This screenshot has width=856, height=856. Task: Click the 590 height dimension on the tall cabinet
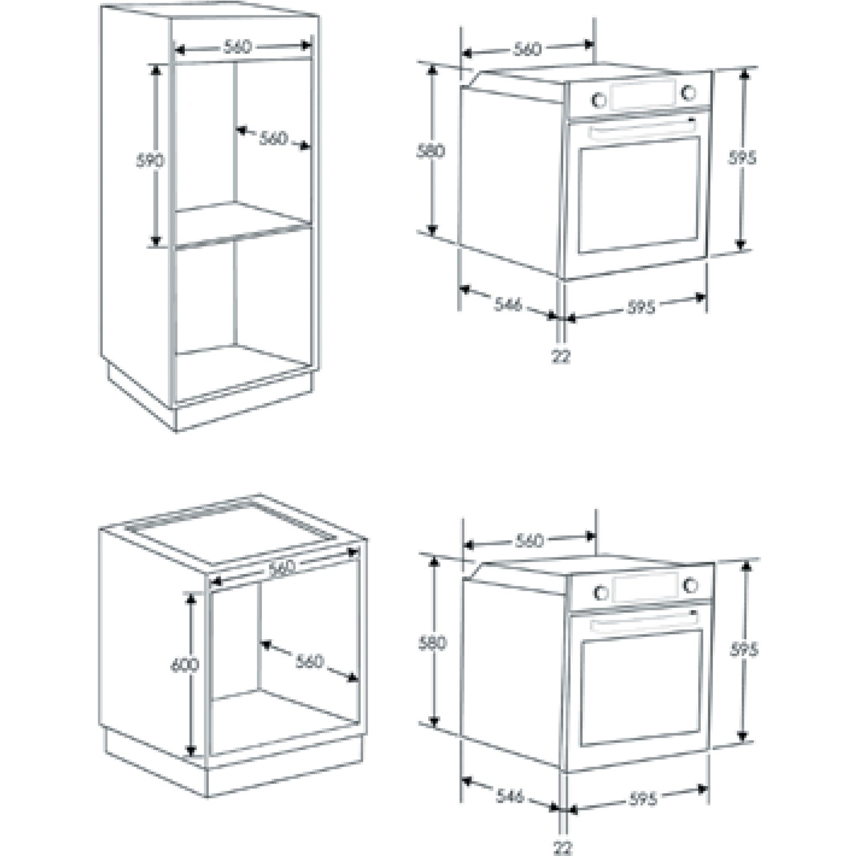click(150, 160)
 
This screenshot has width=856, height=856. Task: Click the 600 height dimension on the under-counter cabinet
click(185, 665)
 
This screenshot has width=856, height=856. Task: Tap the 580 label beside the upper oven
click(431, 151)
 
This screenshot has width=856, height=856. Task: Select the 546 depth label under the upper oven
click(507, 304)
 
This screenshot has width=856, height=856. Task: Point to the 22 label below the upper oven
click(561, 357)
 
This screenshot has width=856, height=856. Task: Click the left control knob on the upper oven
click(599, 100)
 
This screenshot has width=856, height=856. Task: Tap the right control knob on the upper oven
click(689, 92)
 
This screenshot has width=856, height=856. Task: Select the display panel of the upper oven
click(643, 95)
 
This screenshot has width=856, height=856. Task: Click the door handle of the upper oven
click(643, 130)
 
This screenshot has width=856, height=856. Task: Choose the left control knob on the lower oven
click(601, 592)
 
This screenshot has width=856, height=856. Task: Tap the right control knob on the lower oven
click(691, 585)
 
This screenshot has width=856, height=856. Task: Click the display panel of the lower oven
click(645, 587)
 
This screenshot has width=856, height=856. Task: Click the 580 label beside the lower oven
click(433, 643)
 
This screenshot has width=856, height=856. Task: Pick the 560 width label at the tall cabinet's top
click(237, 46)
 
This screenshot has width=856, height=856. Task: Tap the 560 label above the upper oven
click(527, 49)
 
